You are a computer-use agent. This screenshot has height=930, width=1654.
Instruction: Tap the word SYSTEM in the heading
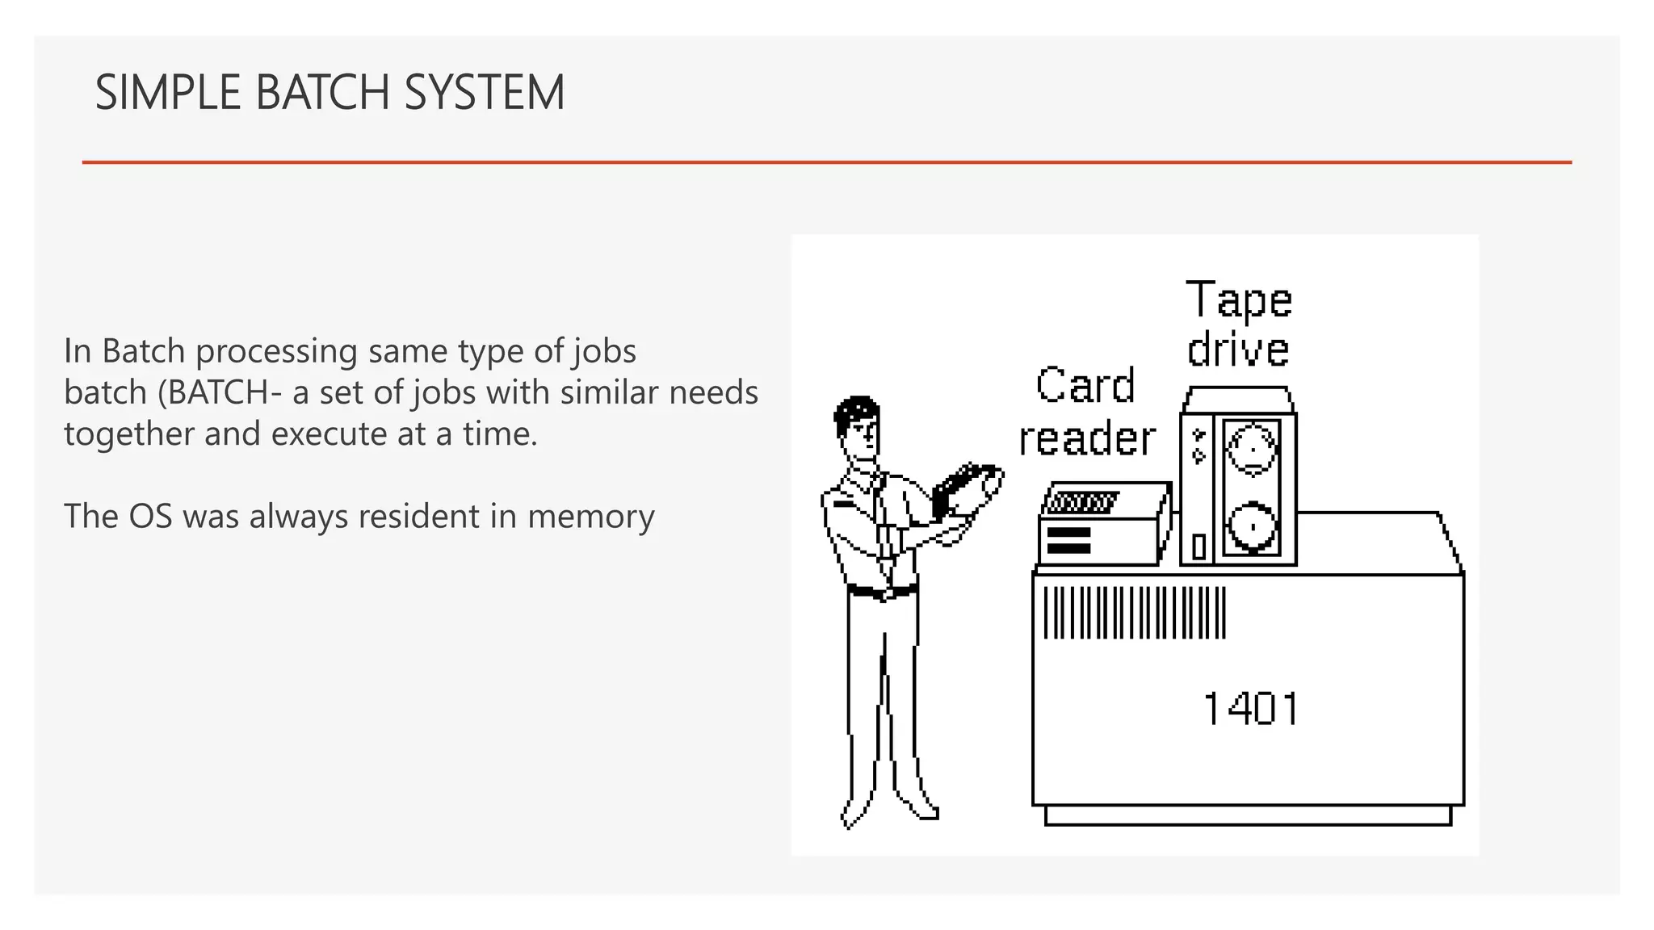point(484,92)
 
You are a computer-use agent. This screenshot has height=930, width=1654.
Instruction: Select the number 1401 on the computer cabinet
point(1250,709)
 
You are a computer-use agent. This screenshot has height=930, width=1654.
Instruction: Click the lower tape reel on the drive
point(1252,526)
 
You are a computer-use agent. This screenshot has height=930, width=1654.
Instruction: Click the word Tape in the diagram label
point(1239,300)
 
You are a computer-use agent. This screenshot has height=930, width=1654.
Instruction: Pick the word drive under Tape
point(1238,350)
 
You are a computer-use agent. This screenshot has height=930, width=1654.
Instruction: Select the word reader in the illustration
point(1087,438)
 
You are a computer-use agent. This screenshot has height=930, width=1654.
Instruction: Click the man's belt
point(881,592)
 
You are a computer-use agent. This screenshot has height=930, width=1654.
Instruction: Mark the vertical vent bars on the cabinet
point(1134,613)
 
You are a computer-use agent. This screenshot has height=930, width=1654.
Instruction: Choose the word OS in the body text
point(151,517)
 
